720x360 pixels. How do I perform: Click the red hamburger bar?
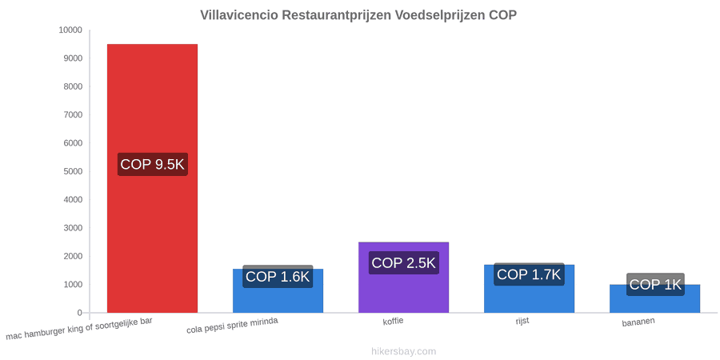click(153, 178)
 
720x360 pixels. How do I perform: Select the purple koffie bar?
click(404, 278)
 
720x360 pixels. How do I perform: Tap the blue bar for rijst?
click(529, 289)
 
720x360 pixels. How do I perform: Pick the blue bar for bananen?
click(654, 298)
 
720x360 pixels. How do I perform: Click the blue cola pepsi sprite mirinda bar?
click(278, 290)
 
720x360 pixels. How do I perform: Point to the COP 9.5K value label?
click(153, 164)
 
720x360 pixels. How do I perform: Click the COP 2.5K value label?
click(404, 263)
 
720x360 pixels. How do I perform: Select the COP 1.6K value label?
click(278, 277)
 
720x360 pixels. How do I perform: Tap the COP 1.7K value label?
click(529, 274)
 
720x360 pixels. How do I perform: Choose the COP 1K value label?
click(655, 285)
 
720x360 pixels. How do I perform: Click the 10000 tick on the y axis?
click(70, 30)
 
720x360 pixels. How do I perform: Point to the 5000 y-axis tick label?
click(73, 171)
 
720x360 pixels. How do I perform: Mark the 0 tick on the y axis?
click(79, 313)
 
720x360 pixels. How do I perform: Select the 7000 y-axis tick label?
click(73, 114)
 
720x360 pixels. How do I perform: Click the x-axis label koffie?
click(393, 321)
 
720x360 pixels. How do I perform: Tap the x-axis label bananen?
click(638, 322)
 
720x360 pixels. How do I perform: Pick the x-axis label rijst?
click(522, 321)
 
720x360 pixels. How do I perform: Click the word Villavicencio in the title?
click(238, 15)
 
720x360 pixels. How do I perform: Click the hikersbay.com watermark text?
click(404, 351)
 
